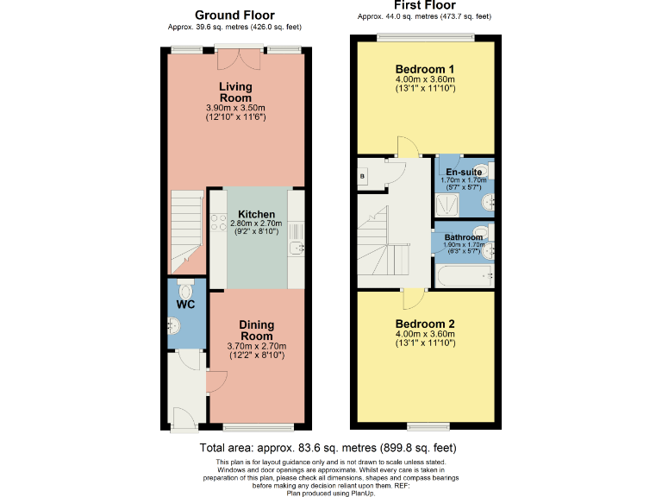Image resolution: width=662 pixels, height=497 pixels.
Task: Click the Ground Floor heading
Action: (x=234, y=15)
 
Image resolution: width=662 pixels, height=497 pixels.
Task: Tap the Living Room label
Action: (x=234, y=91)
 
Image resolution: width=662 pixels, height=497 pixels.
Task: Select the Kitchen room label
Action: (x=256, y=214)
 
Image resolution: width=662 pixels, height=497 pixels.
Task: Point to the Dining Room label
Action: (x=256, y=330)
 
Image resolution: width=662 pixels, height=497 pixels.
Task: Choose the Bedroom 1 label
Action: (x=425, y=69)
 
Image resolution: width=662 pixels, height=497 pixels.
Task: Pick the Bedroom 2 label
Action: (x=425, y=324)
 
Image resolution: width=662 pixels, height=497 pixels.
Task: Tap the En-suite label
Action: (x=464, y=173)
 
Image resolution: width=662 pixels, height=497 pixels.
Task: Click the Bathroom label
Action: (x=463, y=237)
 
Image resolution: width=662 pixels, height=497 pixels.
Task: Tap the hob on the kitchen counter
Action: (x=218, y=224)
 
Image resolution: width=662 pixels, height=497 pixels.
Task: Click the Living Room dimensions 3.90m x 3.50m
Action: (x=234, y=108)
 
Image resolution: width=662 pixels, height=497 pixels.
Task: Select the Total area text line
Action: (x=328, y=449)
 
